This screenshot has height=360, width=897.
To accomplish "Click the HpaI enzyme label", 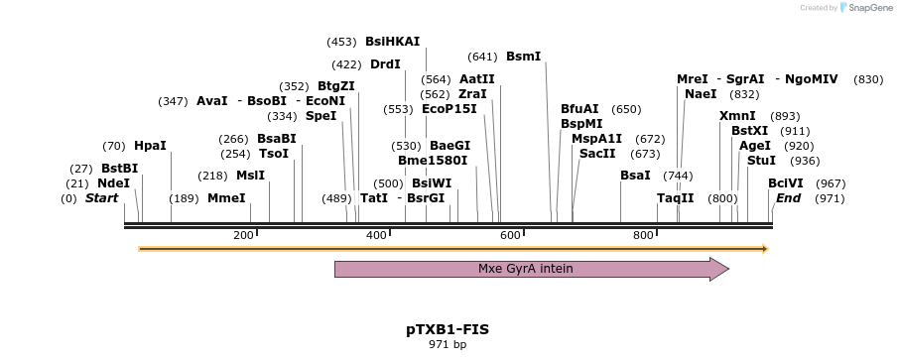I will tap(150, 146).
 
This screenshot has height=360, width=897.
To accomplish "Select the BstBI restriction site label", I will tap(119, 169).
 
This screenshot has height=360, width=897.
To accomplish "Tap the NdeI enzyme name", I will tap(113, 183).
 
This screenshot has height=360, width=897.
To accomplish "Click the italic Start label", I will tap(101, 198).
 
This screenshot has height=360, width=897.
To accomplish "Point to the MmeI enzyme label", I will tap(226, 198).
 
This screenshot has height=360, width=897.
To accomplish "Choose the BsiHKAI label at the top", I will tap(392, 42).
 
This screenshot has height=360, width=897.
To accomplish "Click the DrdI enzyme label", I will tap(385, 64).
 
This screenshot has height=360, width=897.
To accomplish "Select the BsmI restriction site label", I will tap(523, 57).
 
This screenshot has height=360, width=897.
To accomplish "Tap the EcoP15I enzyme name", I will tap(449, 109).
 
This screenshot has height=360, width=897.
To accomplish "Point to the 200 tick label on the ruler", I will tap(243, 235).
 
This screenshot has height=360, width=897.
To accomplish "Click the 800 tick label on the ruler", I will tap(643, 235).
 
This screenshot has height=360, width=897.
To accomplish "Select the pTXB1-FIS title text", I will tap(448, 329).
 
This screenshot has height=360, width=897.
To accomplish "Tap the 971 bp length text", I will tap(448, 345).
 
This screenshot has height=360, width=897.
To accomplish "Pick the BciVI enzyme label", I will tap(786, 183).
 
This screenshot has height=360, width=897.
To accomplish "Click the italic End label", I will tap(788, 198).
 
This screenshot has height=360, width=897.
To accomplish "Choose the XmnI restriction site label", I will tap(737, 116).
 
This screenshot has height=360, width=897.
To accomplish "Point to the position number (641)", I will tap(482, 57).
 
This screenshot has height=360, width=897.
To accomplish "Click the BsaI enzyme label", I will tap(635, 176).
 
